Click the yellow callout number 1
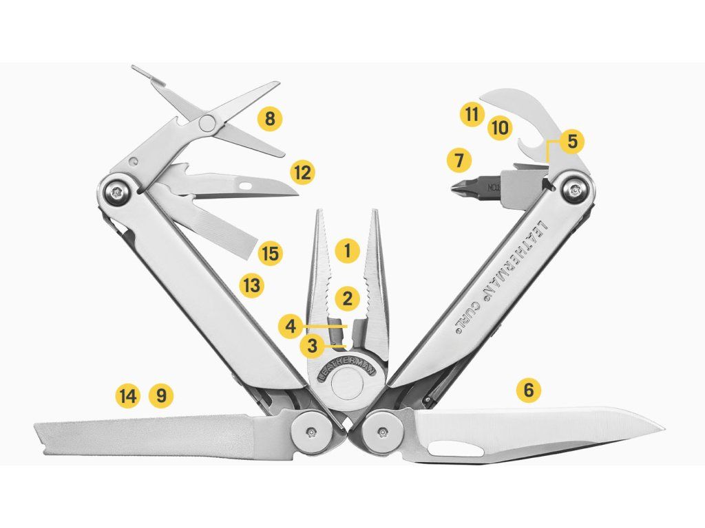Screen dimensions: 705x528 [347, 250]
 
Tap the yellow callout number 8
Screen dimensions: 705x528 [269, 119]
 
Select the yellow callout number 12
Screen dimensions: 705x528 [302, 172]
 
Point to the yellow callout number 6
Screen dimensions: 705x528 [528, 389]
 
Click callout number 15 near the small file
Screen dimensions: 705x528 [270, 253]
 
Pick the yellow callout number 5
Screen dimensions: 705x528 [571, 141]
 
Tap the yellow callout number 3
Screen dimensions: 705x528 [313, 346]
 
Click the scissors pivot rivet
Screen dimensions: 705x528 [207, 122]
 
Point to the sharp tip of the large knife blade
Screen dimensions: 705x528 [664, 427]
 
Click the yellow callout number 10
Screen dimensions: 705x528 [500, 128]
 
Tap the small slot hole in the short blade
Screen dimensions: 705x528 [246, 184]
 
